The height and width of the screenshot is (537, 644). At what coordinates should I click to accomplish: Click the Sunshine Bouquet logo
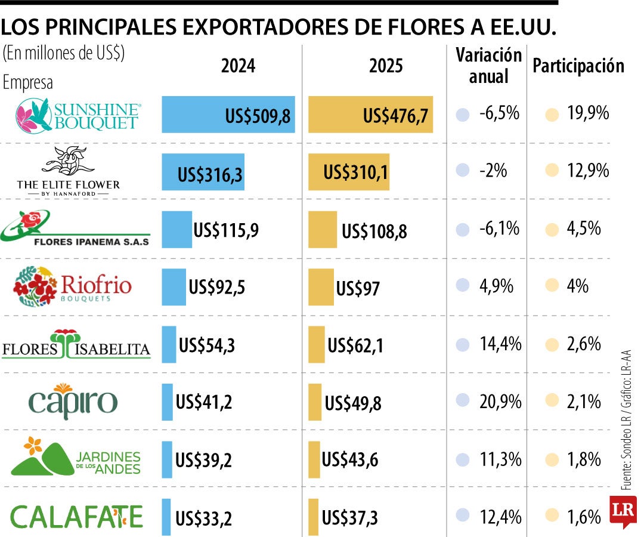click(x=78, y=115)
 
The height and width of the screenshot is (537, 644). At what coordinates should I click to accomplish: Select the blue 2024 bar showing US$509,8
click(x=228, y=115)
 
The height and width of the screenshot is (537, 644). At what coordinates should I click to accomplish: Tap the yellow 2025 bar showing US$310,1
click(x=349, y=172)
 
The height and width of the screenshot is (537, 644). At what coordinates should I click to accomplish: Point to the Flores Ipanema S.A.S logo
click(x=76, y=229)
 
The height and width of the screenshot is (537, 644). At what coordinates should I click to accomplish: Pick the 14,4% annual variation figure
click(x=500, y=344)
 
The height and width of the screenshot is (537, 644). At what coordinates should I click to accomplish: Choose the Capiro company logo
click(x=73, y=402)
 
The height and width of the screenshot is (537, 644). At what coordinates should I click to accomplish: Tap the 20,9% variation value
click(x=500, y=402)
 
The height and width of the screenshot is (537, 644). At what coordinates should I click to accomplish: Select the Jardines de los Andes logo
click(x=76, y=457)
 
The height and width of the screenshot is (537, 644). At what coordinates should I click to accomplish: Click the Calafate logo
click(x=77, y=516)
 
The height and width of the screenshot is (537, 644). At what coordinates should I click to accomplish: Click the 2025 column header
click(x=386, y=66)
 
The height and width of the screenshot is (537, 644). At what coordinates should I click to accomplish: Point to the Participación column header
click(x=578, y=66)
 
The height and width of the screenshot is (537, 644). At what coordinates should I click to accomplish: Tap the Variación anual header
click(x=489, y=66)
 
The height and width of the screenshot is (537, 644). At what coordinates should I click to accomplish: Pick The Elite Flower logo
click(x=69, y=172)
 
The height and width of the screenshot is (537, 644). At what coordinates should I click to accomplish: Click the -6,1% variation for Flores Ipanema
click(x=499, y=229)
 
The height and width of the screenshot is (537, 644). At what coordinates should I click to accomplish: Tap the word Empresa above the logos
click(x=28, y=83)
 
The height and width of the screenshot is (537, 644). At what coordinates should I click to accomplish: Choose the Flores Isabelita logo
click(x=76, y=344)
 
